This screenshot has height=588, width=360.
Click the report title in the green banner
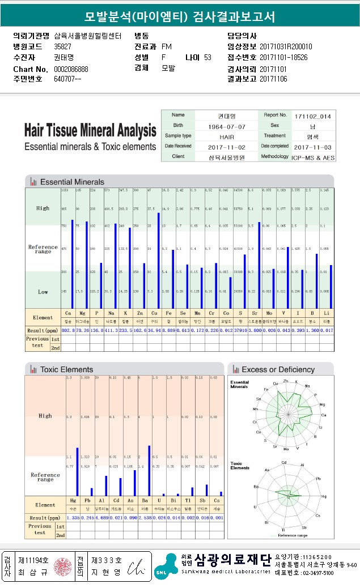click(x=180, y=17)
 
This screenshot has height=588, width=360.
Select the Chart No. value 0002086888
click(x=71, y=69)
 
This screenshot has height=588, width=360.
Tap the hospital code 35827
click(x=63, y=46)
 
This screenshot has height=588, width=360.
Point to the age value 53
click(x=207, y=57)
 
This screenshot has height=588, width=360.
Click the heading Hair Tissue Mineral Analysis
click(x=90, y=130)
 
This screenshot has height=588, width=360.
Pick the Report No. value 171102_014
click(x=312, y=116)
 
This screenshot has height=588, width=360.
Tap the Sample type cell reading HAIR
click(x=226, y=136)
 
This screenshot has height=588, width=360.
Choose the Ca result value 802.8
click(x=68, y=330)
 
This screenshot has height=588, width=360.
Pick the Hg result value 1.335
click(x=73, y=518)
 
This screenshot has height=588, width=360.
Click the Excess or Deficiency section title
click(x=278, y=369)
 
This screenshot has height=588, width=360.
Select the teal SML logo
click(x=166, y=566)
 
